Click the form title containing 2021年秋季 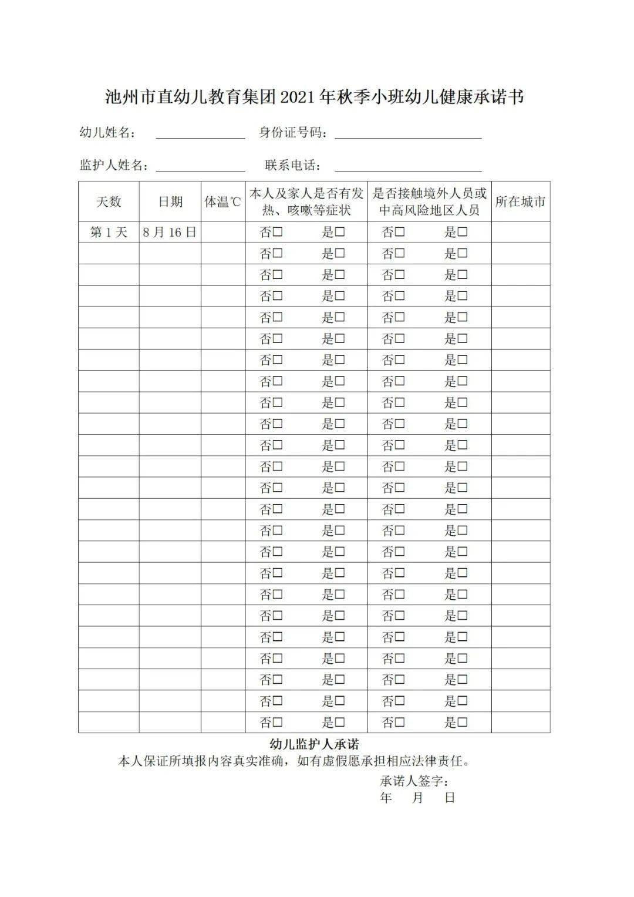pyautogui.click(x=314, y=98)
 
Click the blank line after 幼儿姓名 pyautogui.click(x=200, y=134)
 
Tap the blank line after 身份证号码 pyautogui.click(x=408, y=134)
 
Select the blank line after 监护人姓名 pyautogui.click(x=200, y=166)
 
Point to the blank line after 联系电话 pyautogui.click(x=408, y=166)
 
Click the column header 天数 pyautogui.click(x=109, y=201)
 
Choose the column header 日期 pyautogui.click(x=170, y=201)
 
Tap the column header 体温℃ pyautogui.click(x=223, y=201)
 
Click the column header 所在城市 pyautogui.click(x=520, y=201)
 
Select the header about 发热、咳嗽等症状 pyautogui.click(x=306, y=201)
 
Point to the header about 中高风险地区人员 pyautogui.click(x=430, y=201)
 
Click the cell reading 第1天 pyautogui.click(x=109, y=232)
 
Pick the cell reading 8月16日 pyautogui.click(x=170, y=232)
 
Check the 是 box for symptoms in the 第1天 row pyautogui.click(x=340, y=232)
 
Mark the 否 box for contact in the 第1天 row pyautogui.click(x=400, y=232)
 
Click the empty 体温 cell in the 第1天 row pyautogui.click(x=223, y=232)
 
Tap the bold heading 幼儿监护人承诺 pyautogui.click(x=314, y=745)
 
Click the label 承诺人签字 pyautogui.click(x=414, y=781)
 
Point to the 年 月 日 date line pyautogui.click(x=417, y=798)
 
